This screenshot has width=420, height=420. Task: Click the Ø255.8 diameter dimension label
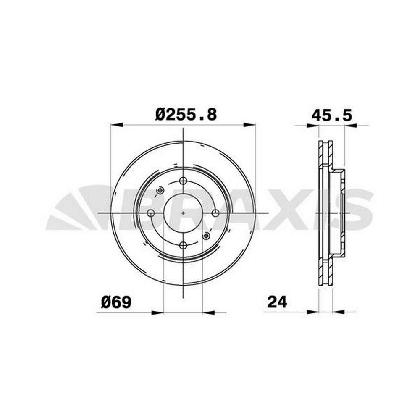(x=186, y=114)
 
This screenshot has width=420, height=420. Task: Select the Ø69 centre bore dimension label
(x=116, y=302)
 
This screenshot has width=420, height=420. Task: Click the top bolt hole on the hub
(x=183, y=181)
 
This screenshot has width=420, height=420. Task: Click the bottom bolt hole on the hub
(x=183, y=245)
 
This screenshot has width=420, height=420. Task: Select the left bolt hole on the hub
(x=151, y=213)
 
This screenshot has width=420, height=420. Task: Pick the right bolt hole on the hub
(x=215, y=213)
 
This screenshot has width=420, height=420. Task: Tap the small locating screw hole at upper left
(x=160, y=190)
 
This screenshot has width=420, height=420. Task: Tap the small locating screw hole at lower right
(x=206, y=236)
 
